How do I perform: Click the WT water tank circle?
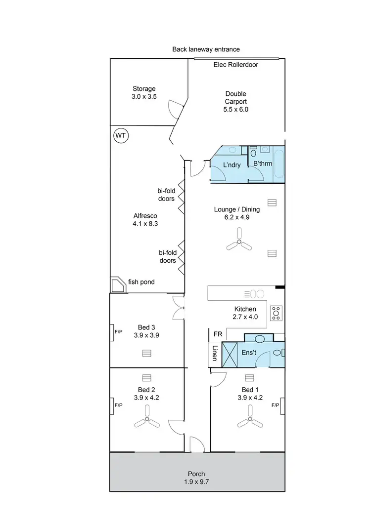pos(121,135)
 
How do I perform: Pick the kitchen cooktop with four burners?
pos(276,312)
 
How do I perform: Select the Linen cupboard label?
pos(215,354)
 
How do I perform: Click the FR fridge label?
pos(217,334)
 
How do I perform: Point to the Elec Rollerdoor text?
pos(235,65)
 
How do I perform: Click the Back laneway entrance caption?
pos(206,49)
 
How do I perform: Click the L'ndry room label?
pos(232,165)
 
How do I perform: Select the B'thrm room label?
pos(263,164)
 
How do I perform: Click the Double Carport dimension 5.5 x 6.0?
pos(235,109)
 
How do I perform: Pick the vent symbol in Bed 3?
pos(146,353)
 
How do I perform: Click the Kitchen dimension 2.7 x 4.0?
pos(246,317)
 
